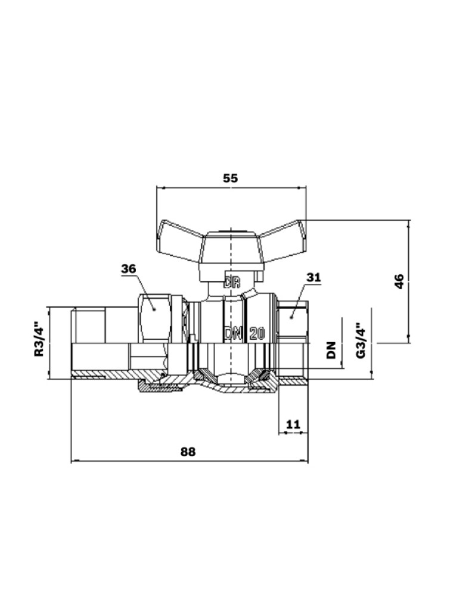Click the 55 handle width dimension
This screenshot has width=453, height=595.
point(231,178)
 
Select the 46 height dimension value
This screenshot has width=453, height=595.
point(399,281)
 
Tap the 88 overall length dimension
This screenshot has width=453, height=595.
point(188,452)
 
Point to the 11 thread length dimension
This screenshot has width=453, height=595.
point(293,424)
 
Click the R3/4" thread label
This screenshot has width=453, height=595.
point(39,340)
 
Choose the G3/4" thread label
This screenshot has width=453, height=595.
point(360,340)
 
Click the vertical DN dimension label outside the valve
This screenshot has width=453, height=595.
point(331,350)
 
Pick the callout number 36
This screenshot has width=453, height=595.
point(129,269)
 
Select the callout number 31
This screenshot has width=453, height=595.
point(314,277)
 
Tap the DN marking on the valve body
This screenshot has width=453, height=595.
point(232,333)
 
